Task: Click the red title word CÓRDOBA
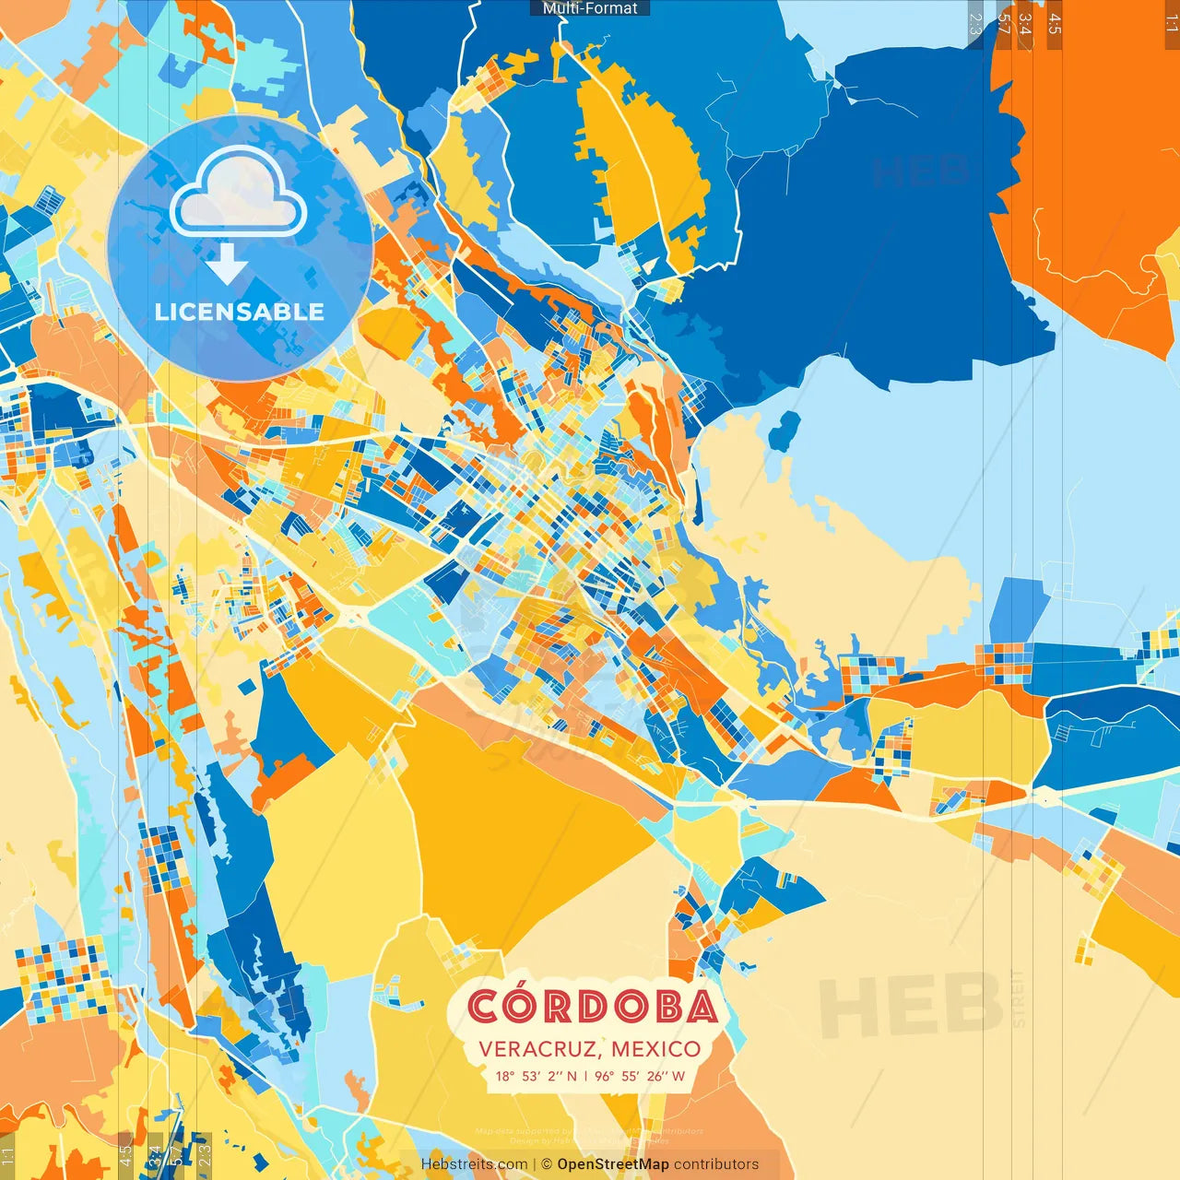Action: click(x=591, y=1007)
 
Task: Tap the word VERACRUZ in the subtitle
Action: click(x=538, y=1049)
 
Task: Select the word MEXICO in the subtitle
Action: click(x=655, y=1049)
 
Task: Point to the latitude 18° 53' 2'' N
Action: click(x=536, y=1076)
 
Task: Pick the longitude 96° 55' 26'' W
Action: click(x=640, y=1076)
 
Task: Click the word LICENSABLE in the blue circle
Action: click(x=240, y=312)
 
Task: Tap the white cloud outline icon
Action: click(x=239, y=192)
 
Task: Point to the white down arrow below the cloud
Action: click(x=227, y=265)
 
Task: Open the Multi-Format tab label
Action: click(x=590, y=8)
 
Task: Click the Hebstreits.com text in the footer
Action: click(x=474, y=1164)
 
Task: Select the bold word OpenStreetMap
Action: click(x=613, y=1164)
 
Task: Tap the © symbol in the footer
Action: click(x=546, y=1164)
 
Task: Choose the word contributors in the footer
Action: click(x=716, y=1164)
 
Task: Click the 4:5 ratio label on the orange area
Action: click(x=1055, y=23)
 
